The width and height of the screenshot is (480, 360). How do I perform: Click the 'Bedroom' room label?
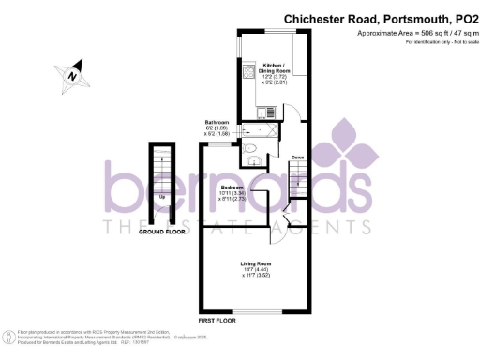(232, 185)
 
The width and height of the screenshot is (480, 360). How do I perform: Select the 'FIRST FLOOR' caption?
(218, 321)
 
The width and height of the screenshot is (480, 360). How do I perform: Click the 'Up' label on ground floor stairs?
(163, 198)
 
